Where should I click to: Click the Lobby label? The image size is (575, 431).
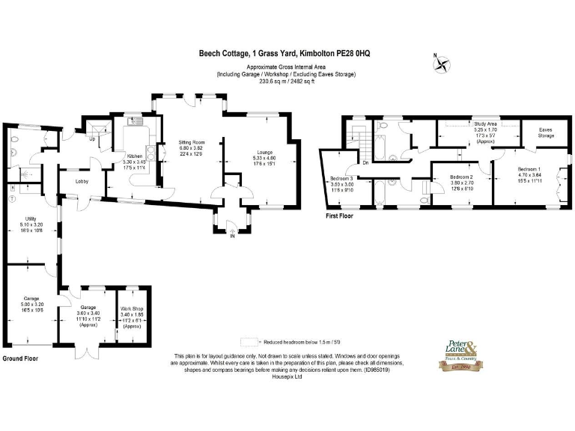tap(84, 181)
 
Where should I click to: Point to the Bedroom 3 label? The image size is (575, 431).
tap(341, 178)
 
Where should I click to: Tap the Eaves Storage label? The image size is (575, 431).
tap(547, 132)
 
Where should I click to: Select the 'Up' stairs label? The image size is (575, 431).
tap(92, 139)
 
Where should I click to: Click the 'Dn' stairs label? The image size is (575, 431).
tap(365, 162)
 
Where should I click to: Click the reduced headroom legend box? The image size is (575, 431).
tap(247, 340)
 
